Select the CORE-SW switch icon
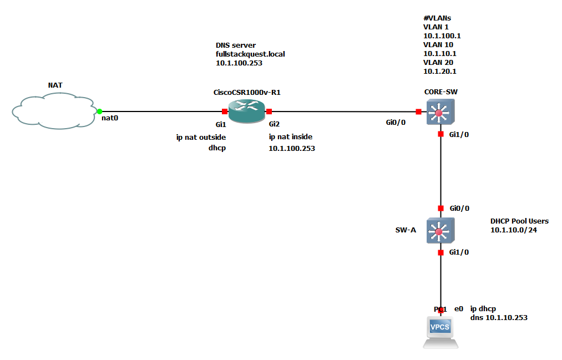coord(440,111)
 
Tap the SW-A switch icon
coord(440,230)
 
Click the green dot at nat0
coord(99,111)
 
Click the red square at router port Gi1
coord(224,111)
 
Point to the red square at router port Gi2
coord(269,111)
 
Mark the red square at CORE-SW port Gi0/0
coord(418,111)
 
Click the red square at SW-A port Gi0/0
coord(441,208)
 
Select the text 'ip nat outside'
coord(201,137)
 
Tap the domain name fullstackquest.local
coord(250,54)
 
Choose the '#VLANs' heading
coord(437,18)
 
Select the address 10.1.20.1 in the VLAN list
coord(440,71)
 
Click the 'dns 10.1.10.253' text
coord(499,318)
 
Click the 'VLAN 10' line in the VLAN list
coord(438,44)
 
